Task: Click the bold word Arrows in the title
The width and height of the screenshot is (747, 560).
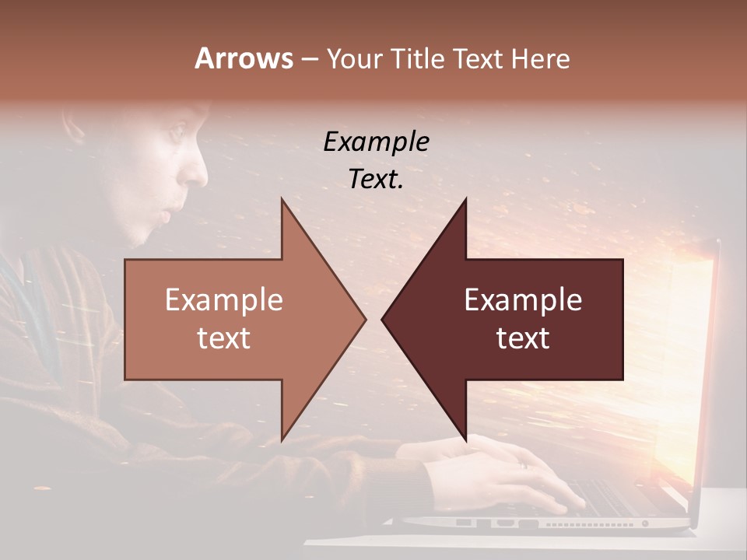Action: pos(244,58)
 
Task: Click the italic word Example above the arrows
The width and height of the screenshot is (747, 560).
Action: pos(376,142)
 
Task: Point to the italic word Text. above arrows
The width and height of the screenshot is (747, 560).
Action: pos(376,179)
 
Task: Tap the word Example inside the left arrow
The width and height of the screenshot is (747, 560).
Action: pos(223,300)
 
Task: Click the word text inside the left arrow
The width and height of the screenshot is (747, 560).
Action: pos(223,338)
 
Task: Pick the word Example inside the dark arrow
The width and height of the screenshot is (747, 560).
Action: pos(523,300)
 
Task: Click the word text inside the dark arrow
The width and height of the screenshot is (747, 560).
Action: pos(523,338)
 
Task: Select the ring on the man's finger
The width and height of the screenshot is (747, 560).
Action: pos(523,464)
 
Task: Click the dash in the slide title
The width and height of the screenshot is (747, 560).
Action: pos(309,59)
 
